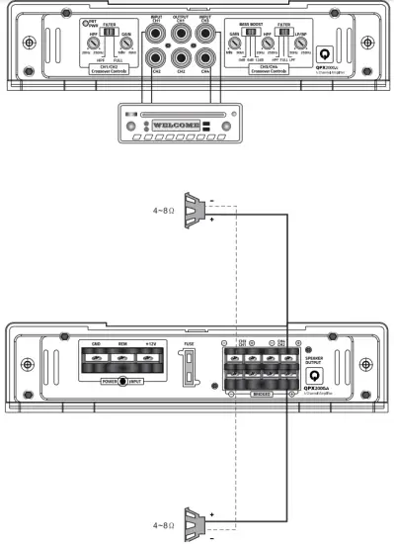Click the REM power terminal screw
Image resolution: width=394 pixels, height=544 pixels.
click(123, 362)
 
